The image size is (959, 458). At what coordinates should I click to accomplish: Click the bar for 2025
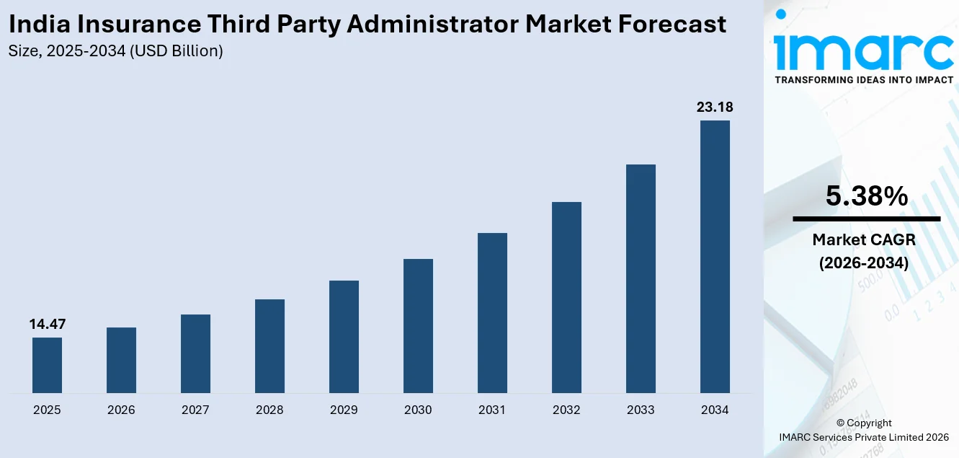click(x=47, y=365)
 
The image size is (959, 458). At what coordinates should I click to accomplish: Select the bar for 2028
click(x=269, y=346)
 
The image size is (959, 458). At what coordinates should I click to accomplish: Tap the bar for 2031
click(x=492, y=313)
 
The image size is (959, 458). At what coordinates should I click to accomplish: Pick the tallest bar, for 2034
click(x=715, y=257)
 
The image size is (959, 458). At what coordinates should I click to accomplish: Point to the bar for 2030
click(x=418, y=326)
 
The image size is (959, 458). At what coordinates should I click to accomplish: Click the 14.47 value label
click(x=47, y=325)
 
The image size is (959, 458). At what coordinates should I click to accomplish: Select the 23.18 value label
click(x=715, y=107)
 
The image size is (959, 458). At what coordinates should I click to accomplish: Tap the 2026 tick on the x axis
click(x=121, y=410)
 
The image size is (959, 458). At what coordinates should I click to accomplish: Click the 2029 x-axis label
click(x=344, y=410)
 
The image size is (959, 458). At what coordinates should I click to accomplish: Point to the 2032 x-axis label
click(x=566, y=410)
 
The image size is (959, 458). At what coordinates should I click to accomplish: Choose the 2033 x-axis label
click(x=641, y=410)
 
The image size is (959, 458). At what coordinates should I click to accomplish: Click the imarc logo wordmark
click(x=864, y=47)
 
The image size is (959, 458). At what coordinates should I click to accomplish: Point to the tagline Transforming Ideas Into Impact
click(x=864, y=80)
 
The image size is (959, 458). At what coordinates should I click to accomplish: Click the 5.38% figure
click(x=866, y=196)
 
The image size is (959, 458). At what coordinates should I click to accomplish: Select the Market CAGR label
click(x=864, y=239)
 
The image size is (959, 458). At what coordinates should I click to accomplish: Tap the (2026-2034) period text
click(x=864, y=263)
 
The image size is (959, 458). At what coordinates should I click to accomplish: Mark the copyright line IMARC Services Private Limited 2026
click(x=864, y=437)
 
